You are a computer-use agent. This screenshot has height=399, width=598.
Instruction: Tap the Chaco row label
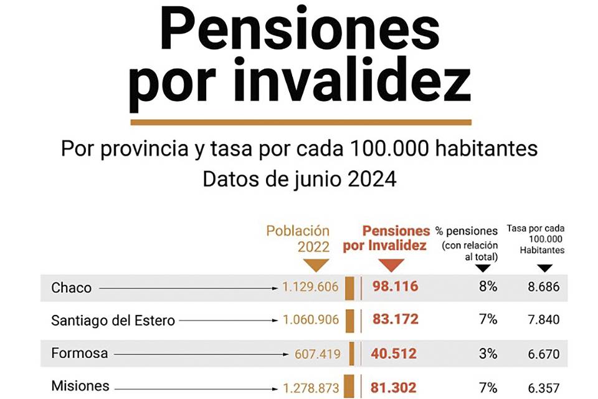[x=71, y=287]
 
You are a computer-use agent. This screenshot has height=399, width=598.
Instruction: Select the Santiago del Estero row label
[x=113, y=320]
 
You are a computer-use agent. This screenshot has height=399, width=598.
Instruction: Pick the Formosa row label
[x=79, y=353]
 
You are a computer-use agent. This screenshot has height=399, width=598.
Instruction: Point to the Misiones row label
[x=80, y=387]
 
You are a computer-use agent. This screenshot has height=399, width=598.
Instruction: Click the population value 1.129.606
[x=310, y=287]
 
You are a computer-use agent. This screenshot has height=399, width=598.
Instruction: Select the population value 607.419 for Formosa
[x=317, y=354]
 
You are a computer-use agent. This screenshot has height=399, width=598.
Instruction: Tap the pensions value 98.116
[x=396, y=287]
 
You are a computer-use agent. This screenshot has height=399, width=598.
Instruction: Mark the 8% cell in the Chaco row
[x=488, y=287]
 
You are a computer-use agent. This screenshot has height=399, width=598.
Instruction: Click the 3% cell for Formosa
[x=488, y=353]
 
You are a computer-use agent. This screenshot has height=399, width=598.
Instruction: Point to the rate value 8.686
[x=542, y=287]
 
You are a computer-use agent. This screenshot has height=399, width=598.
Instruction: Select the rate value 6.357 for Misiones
[x=542, y=387]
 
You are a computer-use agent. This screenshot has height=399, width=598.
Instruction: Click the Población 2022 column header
[x=298, y=238]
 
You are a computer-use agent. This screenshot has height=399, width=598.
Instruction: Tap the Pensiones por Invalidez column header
[x=386, y=238]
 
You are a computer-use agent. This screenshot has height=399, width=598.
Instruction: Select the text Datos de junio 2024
[x=299, y=180]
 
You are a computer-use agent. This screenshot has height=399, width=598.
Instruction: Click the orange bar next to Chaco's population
[x=349, y=287]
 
